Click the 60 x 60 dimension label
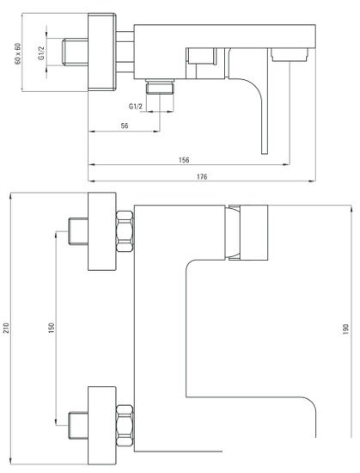(18, 54)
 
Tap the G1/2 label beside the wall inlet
(41, 53)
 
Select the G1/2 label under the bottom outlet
(136, 106)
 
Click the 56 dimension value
(125, 126)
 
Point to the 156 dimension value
(184, 160)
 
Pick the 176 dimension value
(202, 176)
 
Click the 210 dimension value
(6, 329)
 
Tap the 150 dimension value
(52, 328)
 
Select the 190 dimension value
(345, 329)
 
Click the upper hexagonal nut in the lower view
(125, 231)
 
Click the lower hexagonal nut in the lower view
(125, 426)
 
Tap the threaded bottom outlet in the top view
(160, 87)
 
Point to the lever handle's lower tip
(265, 154)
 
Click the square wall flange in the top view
(102, 52)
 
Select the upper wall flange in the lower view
(102, 231)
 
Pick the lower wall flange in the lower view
(102, 426)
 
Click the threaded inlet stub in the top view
(75, 52)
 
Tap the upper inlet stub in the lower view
(78, 231)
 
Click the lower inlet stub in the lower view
(78, 426)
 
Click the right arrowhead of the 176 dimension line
(313, 181)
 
